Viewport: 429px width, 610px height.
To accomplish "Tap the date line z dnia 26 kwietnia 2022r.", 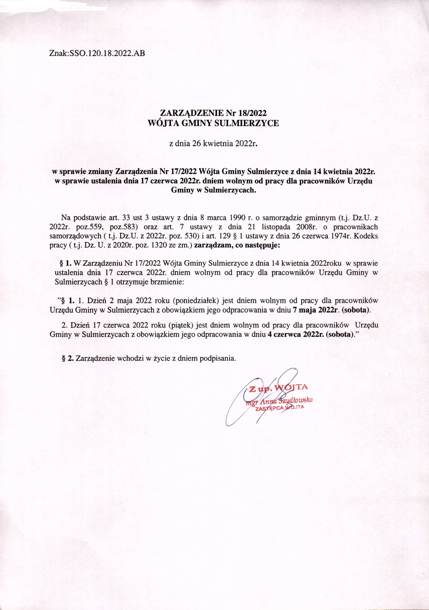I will point(214,144).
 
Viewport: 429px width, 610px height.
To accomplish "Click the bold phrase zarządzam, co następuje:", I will point(237,245).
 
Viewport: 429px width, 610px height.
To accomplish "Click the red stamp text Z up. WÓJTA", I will point(278,388).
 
